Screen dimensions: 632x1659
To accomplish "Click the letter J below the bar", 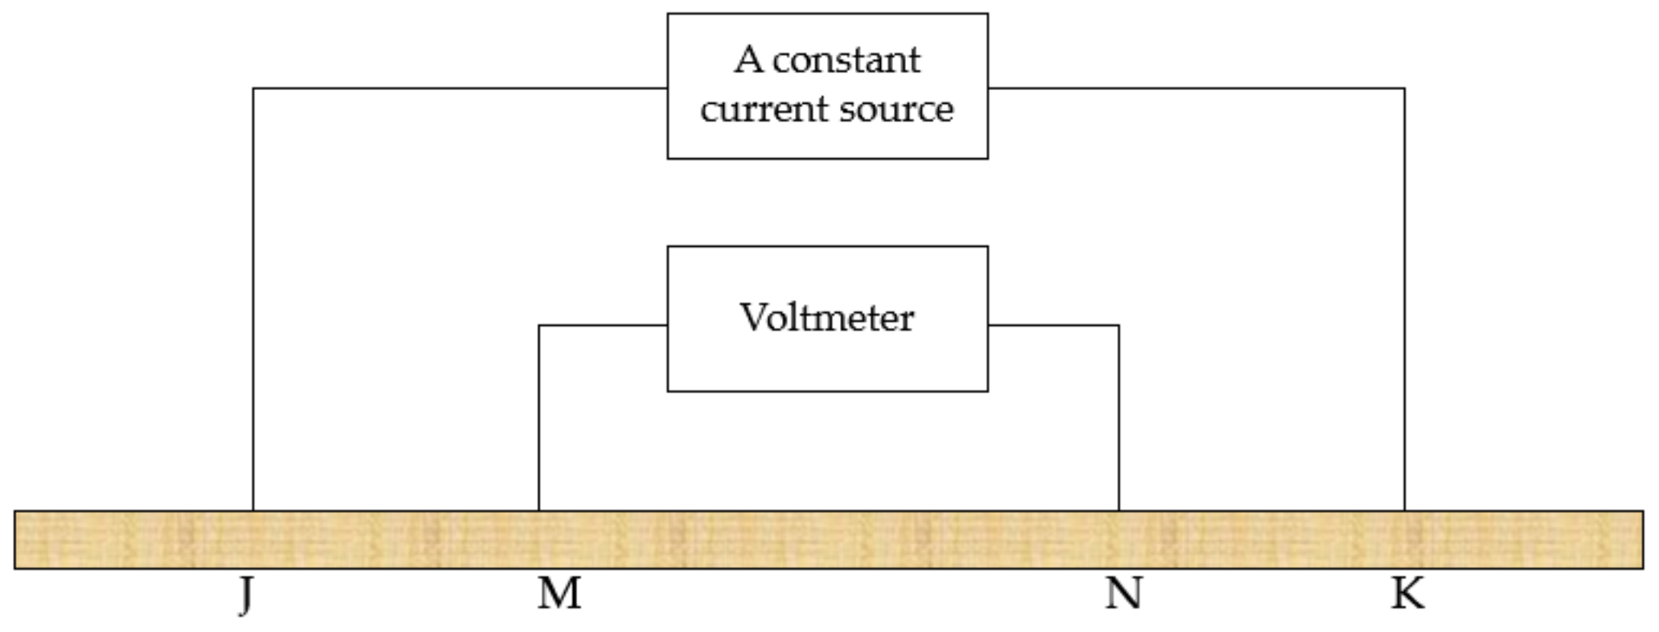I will [x=246, y=596].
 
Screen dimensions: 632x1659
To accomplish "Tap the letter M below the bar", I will [x=559, y=594].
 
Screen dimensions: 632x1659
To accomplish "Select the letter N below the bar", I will [x=1123, y=594].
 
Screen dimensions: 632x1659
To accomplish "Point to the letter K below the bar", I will [x=1407, y=594].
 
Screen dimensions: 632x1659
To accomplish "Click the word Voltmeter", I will [x=826, y=318].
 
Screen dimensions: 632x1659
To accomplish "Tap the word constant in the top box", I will [x=846, y=60].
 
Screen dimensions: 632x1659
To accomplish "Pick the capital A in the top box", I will [x=748, y=60].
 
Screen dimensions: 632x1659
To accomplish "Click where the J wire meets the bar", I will [x=253, y=510].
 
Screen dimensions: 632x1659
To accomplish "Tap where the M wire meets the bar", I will [x=539, y=510].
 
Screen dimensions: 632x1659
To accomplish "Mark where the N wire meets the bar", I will [x=1119, y=510].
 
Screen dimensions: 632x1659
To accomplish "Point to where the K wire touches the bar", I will [x=1404, y=510].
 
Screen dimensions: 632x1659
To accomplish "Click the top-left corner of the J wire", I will [x=253, y=88].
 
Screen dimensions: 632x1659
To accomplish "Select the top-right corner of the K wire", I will [x=1404, y=88].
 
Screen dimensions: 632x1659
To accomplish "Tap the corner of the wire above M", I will [x=539, y=326].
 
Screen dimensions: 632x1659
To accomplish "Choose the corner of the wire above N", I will [x=1119, y=326].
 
